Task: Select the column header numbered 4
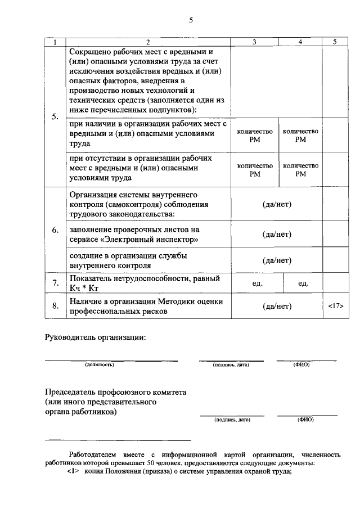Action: click(300, 42)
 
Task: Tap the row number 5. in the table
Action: click(55, 117)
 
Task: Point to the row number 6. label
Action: click(55, 231)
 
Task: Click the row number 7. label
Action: click(55, 283)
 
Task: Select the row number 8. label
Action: click(55, 307)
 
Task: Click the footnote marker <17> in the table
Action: click(335, 307)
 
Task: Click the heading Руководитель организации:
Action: click(95, 337)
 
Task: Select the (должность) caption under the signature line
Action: click(100, 365)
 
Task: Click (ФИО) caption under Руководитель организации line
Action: click(301, 365)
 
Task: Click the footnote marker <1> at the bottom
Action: click(74, 472)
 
